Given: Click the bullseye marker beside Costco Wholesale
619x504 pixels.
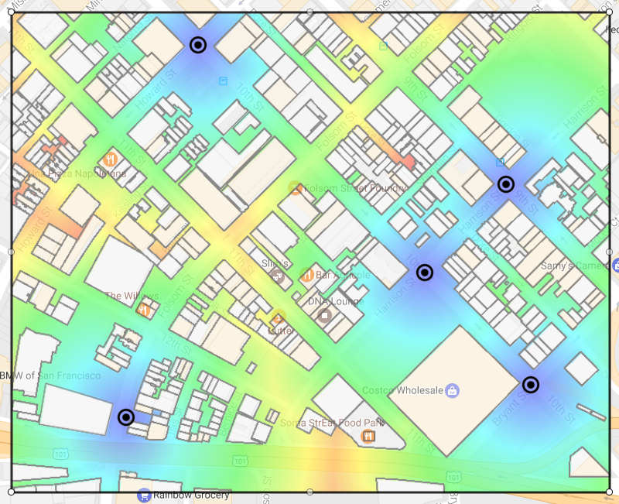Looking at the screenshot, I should pos(531,385).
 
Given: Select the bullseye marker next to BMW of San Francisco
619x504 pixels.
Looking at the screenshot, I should pos(126,417).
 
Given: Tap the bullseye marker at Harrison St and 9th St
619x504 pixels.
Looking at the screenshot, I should pos(506,184).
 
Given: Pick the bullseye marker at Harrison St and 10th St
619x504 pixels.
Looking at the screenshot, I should pos(425,273).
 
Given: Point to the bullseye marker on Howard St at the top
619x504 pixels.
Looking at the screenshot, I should pos(198,45).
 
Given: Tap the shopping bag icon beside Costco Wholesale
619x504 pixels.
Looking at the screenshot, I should pos(453,389).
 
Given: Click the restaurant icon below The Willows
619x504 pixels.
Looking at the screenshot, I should pos(143,310).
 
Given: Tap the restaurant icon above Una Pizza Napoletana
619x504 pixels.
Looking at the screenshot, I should pos(111,160).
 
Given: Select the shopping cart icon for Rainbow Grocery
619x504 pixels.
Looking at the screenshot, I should pos(143,495).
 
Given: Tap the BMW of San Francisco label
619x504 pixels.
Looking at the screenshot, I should pos(50,375).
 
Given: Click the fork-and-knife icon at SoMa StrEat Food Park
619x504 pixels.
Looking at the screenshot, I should pos(368,437).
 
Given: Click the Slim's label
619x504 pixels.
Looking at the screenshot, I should pos(274,263).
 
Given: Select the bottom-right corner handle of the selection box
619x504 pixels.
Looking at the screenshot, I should pos(609,491).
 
